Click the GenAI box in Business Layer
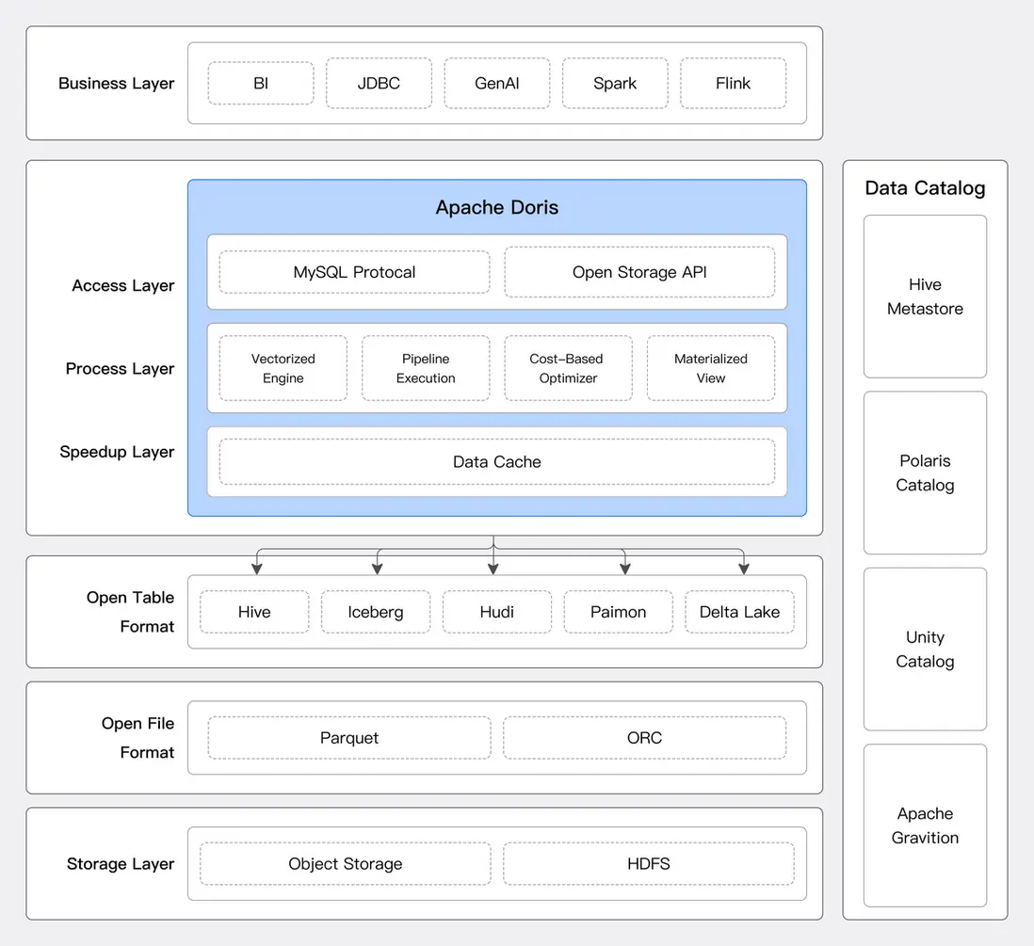click(497, 83)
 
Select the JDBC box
click(379, 83)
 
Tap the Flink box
click(733, 83)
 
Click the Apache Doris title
click(497, 208)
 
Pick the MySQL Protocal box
click(354, 272)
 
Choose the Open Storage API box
click(639, 272)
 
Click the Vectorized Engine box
click(283, 368)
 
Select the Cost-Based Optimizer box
click(568, 368)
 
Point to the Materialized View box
click(711, 368)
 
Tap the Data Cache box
click(497, 462)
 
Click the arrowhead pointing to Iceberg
click(378, 569)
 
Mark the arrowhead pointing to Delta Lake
click(744, 569)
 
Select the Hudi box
click(497, 612)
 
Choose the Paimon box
click(619, 612)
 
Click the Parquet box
click(349, 738)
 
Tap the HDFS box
click(649, 863)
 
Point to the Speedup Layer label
click(117, 452)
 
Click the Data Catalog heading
click(925, 188)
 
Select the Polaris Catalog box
click(925, 473)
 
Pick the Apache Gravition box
click(925, 826)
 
